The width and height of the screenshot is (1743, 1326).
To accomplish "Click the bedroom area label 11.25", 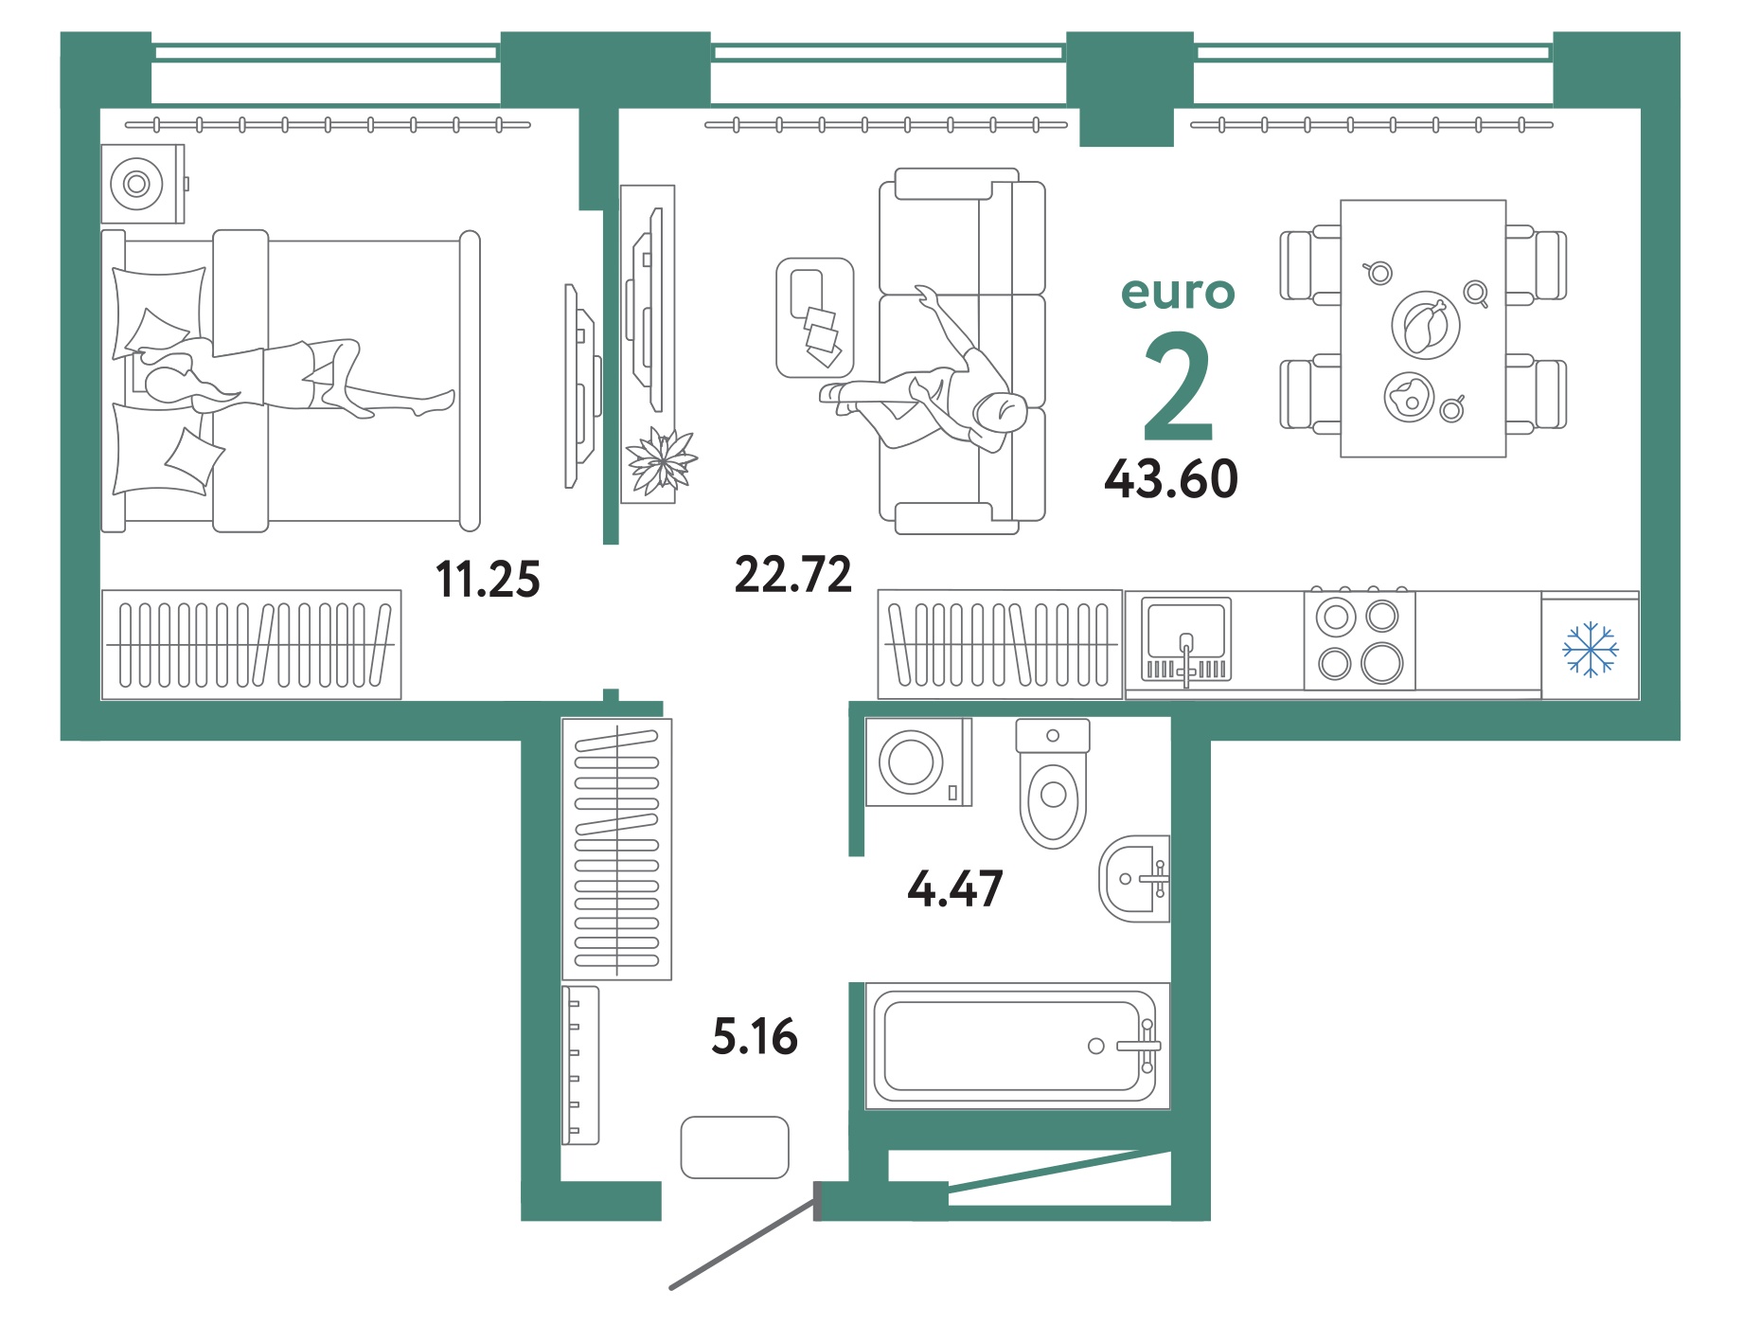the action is point(488,579).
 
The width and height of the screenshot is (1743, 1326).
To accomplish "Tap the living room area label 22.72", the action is point(793,575).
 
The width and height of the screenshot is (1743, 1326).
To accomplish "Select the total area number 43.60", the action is point(1171,478).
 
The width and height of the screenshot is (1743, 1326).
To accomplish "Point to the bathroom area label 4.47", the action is point(954,889).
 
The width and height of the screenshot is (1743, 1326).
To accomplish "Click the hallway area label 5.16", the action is point(755,1036).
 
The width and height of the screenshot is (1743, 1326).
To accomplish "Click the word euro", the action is point(1178,293).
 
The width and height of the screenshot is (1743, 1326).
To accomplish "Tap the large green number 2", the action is point(1178,386).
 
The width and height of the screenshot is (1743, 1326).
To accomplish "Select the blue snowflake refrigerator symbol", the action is point(1591,649).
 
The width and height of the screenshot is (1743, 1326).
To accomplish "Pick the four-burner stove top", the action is point(1360,640).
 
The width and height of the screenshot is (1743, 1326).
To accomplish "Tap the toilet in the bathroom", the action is point(1053,783).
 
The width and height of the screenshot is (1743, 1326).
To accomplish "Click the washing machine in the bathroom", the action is point(919,762).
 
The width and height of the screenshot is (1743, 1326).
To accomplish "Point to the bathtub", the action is point(1015,1046).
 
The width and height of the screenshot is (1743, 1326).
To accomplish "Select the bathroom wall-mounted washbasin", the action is point(1134,879).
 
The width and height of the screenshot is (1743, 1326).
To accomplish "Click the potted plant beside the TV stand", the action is point(662,461).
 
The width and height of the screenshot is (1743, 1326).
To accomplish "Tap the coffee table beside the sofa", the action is point(815,318).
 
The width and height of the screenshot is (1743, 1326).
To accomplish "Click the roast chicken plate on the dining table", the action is point(1426,325).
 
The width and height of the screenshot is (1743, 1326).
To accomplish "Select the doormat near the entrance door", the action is point(735,1147).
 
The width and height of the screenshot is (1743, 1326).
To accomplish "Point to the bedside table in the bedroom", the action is point(143,184).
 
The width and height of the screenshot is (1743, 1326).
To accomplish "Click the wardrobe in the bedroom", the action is point(251,645).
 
